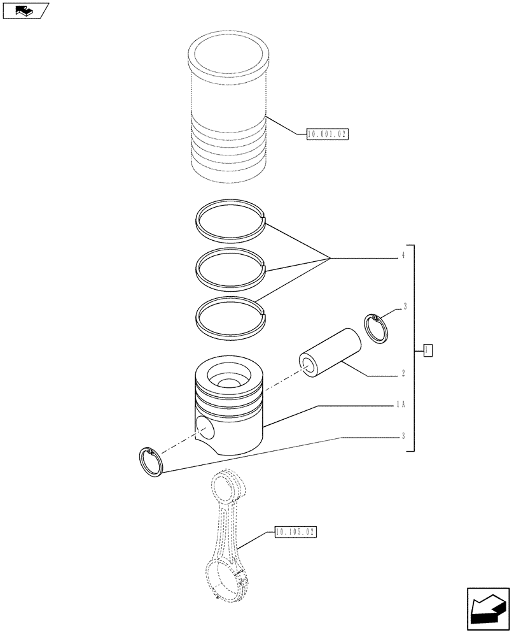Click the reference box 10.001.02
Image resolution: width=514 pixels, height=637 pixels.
click(x=328, y=134)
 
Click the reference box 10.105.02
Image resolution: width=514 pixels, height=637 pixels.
click(x=296, y=531)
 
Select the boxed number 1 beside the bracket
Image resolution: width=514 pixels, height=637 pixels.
click(x=428, y=349)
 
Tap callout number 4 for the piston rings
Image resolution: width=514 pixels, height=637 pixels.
click(x=403, y=257)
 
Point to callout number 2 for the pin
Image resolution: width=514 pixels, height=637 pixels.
click(x=403, y=375)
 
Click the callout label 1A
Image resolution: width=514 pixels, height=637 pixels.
click(x=401, y=404)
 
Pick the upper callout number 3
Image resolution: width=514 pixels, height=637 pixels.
click(x=404, y=307)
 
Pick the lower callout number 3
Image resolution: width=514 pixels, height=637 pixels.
click(x=403, y=436)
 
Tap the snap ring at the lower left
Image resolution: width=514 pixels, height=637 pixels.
click(x=151, y=461)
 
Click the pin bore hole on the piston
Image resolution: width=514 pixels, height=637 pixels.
click(x=205, y=427)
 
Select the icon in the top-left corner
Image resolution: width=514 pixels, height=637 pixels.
click(x=25, y=10)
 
